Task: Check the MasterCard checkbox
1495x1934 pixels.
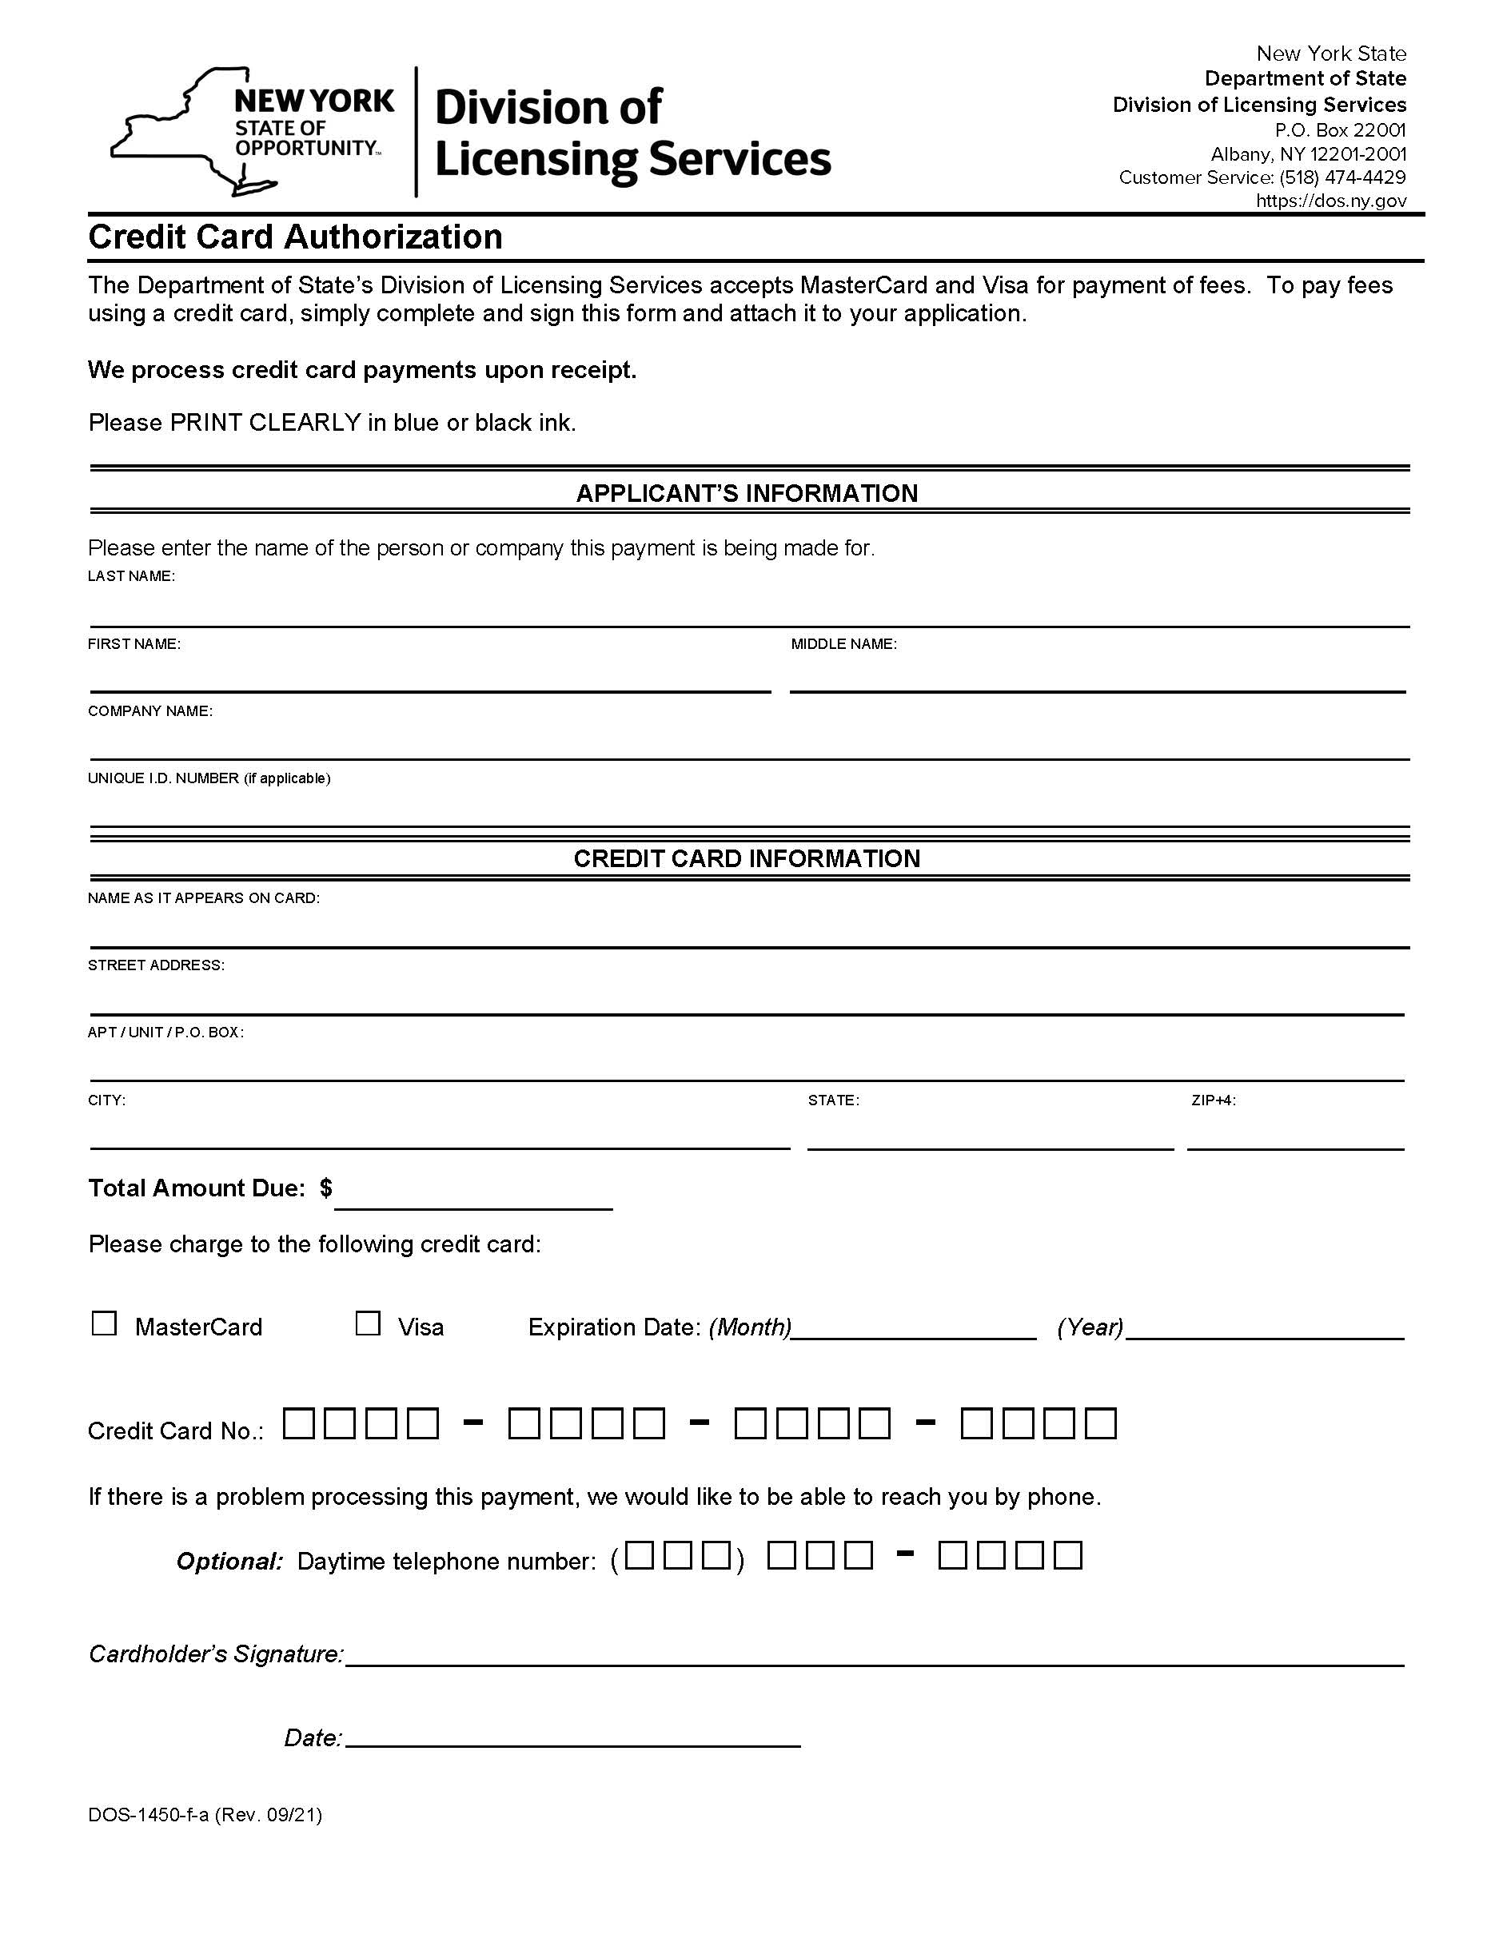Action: (105, 1324)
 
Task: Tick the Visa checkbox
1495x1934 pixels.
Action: (368, 1324)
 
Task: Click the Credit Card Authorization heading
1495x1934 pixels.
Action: (295, 237)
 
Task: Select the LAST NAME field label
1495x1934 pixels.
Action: (131, 576)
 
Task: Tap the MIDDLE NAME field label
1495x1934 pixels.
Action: (843, 645)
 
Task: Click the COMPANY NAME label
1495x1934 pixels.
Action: (149, 711)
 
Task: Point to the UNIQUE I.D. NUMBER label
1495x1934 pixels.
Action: (208, 778)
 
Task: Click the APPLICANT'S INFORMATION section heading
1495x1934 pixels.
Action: (747, 493)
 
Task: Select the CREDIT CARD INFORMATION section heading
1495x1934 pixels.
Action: (747, 858)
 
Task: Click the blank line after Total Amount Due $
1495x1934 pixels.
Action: (473, 1196)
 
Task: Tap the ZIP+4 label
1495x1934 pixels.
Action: (1214, 1100)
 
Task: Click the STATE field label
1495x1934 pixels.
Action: (832, 1100)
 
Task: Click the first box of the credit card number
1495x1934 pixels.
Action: (298, 1424)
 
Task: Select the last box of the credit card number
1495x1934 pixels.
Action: (1101, 1424)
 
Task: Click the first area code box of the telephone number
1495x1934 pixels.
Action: (640, 1556)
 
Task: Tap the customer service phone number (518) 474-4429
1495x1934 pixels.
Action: (1342, 178)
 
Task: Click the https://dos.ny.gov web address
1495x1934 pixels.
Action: (1330, 201)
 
